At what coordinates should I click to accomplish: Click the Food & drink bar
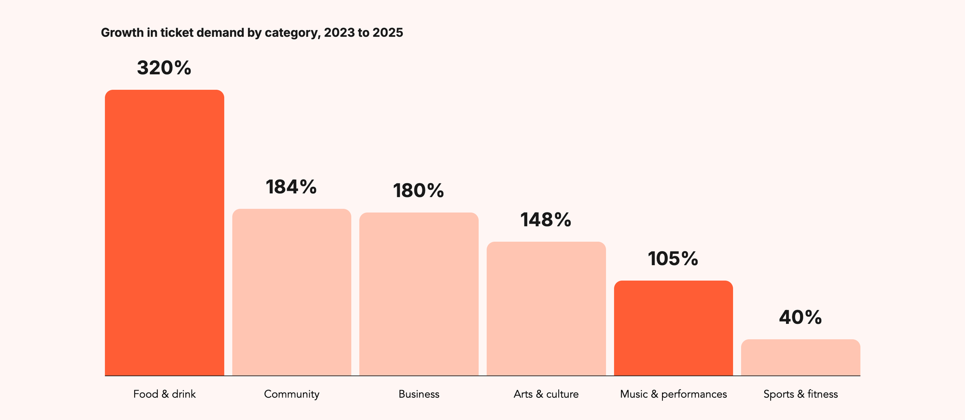point(165,233)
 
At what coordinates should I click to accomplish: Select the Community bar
point(292,292)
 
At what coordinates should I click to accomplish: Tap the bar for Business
point(419,294)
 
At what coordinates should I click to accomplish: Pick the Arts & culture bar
point(546,308)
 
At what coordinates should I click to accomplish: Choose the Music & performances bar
point(674,328)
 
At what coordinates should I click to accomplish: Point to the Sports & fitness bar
point(801,357)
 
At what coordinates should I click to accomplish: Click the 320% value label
point(164,68)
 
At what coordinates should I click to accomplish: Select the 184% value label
point(291,187)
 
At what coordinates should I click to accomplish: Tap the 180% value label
point(419,191)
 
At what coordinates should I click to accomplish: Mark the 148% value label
point(546,220)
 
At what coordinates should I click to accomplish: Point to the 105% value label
point(673,259)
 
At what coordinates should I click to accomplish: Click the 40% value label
point(800,318)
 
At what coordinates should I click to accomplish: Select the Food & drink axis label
point(165,394)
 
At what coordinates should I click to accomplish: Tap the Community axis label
point(292,394)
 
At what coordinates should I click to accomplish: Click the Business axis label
point(419,394)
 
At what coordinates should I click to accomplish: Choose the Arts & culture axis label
point(546,394)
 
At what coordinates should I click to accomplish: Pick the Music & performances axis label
point(674,394)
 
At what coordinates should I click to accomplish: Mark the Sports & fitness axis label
point(801,394)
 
